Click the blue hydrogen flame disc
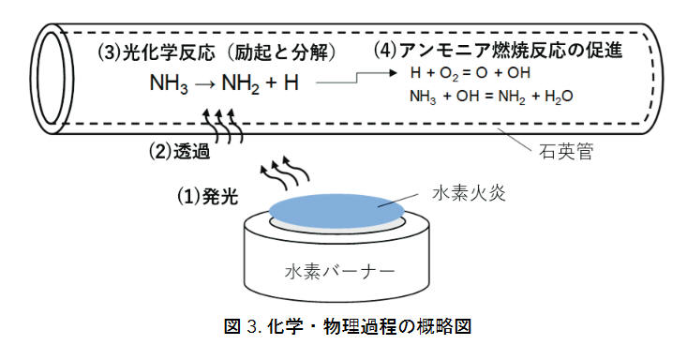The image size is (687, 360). (x=336, y=211)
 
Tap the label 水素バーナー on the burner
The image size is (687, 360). (x=340, y=272)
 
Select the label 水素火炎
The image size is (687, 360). (x=470, y=193)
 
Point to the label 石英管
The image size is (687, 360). (x=566, y=152)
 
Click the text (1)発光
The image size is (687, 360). (x=208, y=196)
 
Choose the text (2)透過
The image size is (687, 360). (x=180, y=151)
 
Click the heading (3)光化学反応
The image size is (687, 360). (x=157, y=53)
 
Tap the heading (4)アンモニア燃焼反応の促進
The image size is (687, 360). (x=498, y=51)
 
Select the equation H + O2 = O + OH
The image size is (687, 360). (x=470, y=73)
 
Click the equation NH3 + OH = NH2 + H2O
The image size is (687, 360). (x=491, y=97)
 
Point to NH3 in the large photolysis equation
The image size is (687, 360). (x=169, y=83)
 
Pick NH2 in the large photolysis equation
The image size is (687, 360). (x=241, y=83)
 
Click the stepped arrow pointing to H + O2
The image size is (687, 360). (x=357, y=78)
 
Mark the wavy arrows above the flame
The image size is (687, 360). (x=285, y=175)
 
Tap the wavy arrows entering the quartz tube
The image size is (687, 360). (x=222, y=127)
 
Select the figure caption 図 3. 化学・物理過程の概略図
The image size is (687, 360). (x=348, y=327)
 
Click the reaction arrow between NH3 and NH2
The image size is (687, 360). (x=204, y=83)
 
